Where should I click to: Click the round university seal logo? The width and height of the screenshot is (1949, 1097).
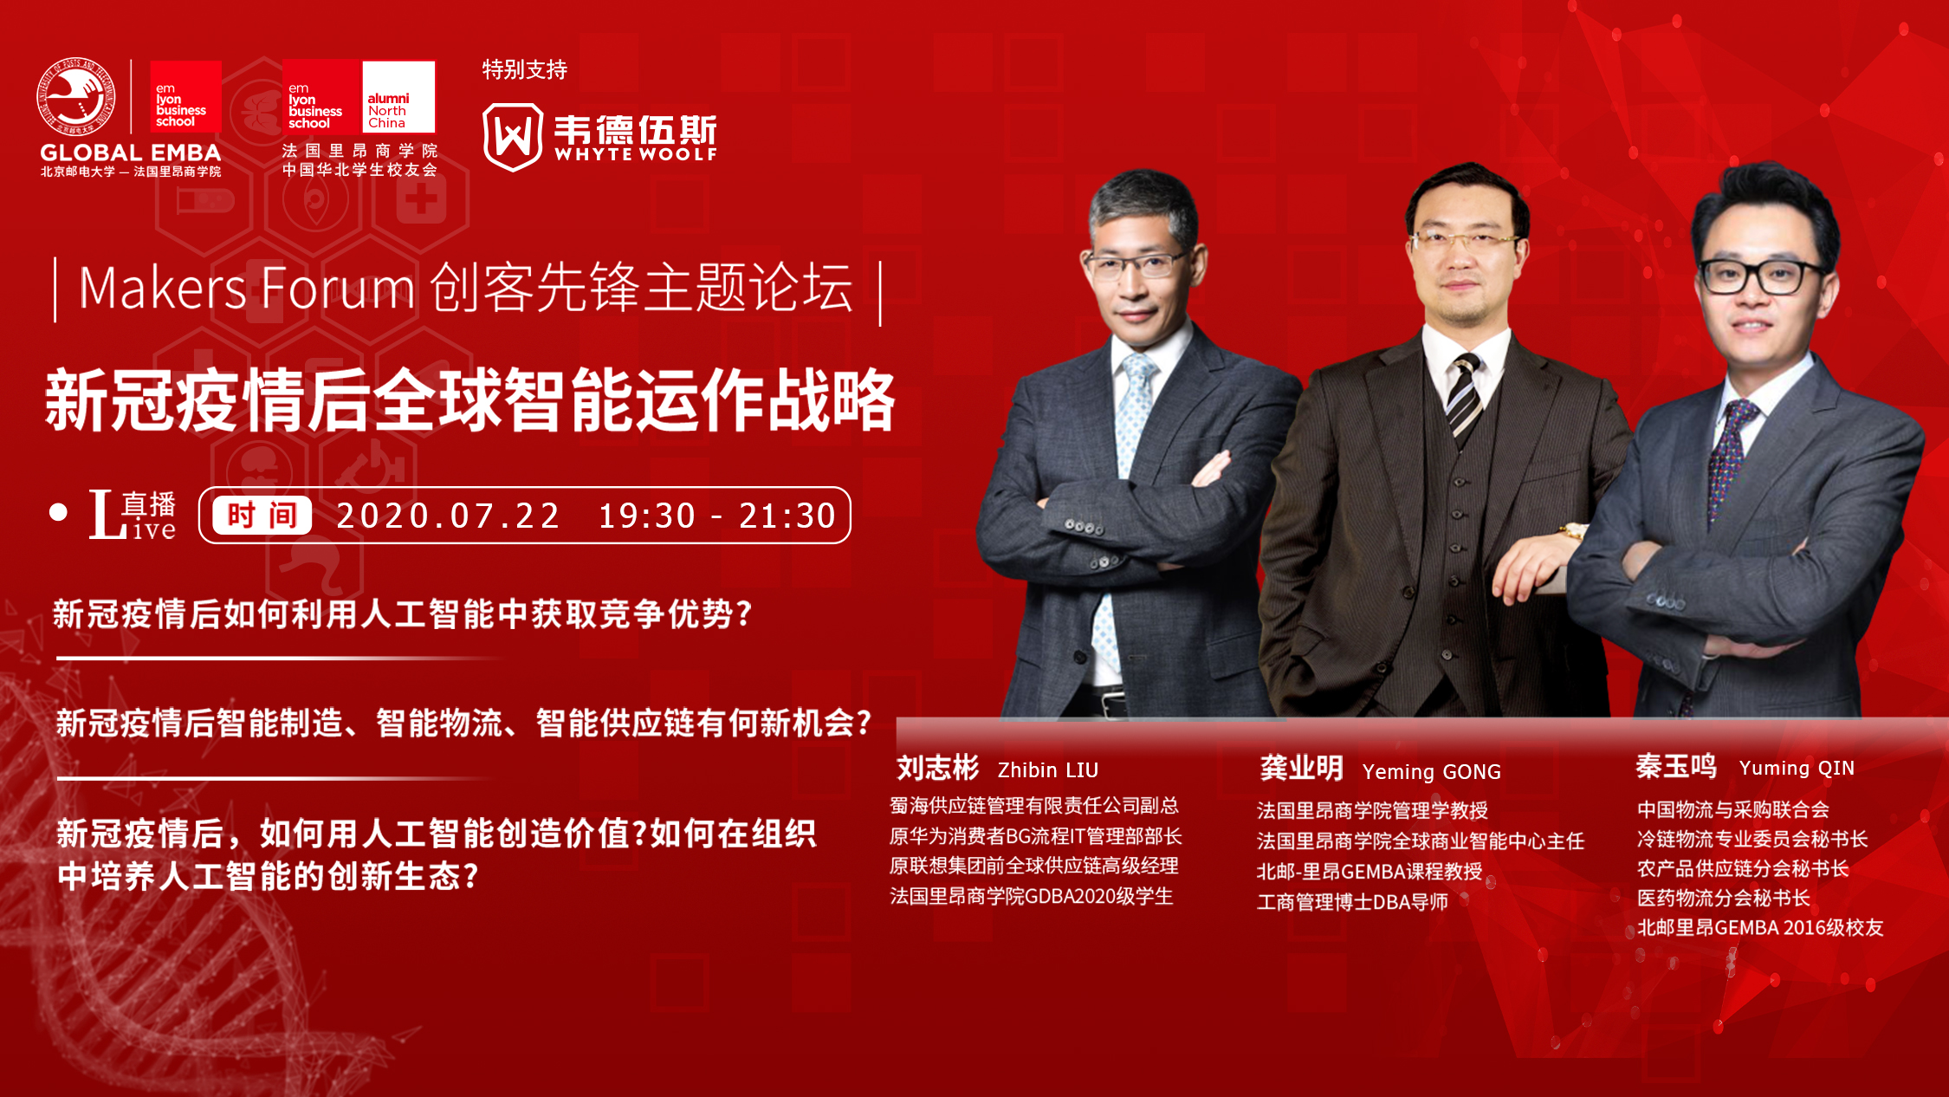[75, 97]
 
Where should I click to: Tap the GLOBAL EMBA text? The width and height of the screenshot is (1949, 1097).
[130, 153]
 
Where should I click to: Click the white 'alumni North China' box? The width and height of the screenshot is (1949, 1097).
[398, 96]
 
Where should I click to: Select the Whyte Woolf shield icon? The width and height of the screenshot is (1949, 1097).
[513, 136]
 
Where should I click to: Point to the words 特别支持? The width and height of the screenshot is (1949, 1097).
[525, 69]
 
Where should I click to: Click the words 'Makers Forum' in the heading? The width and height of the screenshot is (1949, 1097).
[247, 288]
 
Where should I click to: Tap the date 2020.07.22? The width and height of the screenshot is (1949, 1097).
[448, 516]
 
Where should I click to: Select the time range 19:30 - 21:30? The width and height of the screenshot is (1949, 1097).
[717, 516]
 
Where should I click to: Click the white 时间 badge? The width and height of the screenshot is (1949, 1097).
[262, 516]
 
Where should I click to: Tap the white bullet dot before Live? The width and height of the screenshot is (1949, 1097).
[58, 512]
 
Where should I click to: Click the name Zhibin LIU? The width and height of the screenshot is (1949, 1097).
[1048, 769]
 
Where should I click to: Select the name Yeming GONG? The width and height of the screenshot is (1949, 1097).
[1431, 771]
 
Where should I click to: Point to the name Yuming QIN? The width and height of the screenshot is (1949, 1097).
[1797, 768]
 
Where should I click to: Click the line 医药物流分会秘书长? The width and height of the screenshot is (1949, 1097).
[1723, 898]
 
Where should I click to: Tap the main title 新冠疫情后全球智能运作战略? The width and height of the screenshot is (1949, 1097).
[470, 399]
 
